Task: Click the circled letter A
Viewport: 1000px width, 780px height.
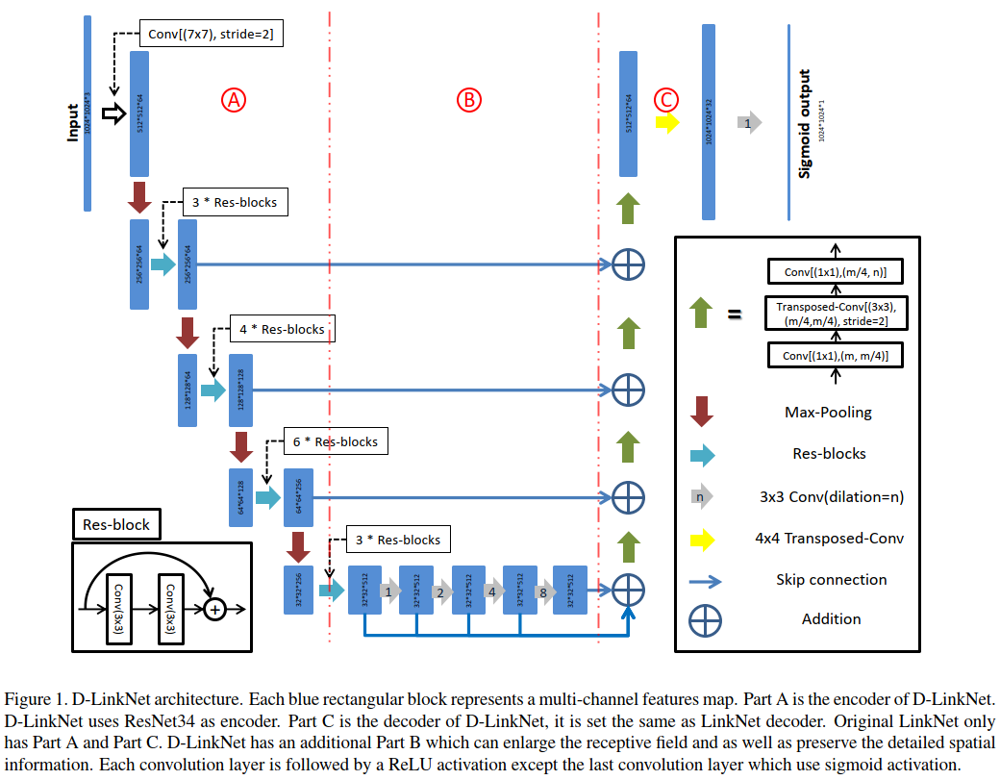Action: click(235, 98)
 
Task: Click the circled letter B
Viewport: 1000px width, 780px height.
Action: click(468, 98)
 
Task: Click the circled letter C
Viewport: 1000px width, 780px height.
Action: click(665, 98)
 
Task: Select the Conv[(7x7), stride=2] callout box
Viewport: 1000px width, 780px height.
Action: click(212, 35)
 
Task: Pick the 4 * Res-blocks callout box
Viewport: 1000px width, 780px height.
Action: click(282, 329)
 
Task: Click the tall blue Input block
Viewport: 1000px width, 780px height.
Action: click(87, 113)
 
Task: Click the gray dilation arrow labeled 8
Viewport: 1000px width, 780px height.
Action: click(545, 591)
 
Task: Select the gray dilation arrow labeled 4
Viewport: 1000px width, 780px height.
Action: click(493, 591)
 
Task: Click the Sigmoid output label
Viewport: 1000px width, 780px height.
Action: click(805, 123)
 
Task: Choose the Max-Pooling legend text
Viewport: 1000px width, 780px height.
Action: click(827, 412)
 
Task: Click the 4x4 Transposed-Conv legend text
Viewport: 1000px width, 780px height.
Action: click(829, 539)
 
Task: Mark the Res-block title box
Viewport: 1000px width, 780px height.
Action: click(116, 525)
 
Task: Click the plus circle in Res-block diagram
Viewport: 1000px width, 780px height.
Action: click(215, 609)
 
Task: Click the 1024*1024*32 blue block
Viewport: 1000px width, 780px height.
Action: click(710, 121)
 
